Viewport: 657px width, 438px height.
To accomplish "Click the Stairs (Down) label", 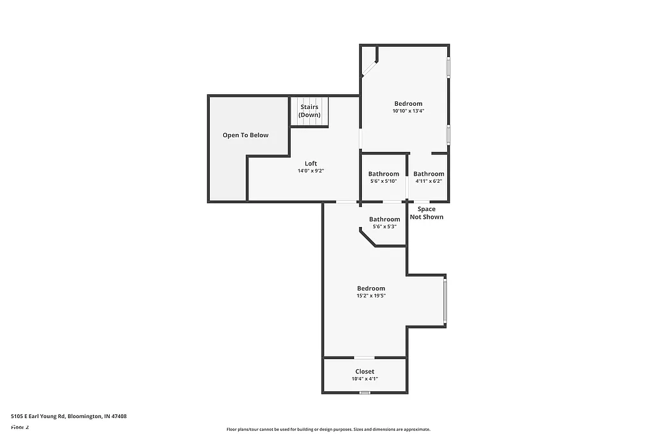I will click(309, 111).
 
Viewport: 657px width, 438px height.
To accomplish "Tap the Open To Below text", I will click(245, 135).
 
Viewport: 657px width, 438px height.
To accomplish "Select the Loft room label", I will click(311, 164).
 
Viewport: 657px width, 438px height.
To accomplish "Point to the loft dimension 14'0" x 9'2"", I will click(311, 171).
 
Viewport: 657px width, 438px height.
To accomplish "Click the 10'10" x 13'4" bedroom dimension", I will click(408, 111).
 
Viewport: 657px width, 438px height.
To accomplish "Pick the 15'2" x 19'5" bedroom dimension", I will click(371, 296).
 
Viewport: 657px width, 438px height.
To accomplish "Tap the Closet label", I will click(364, 371).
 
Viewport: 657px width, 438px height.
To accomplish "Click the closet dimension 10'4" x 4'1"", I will click(364, 379).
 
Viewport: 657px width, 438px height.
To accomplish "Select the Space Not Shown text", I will click(427, 213).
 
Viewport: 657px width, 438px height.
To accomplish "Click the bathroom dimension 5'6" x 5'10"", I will click(384, 181).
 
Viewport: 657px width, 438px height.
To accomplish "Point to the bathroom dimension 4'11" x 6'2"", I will click(429, 181).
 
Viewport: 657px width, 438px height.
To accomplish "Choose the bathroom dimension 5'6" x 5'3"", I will click(384, 226).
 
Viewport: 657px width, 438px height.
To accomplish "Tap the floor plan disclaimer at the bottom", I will click(328, 430).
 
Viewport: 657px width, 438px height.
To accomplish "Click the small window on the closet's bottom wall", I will click(364, 392).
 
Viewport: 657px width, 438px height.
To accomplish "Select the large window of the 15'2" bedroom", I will click(445, 300).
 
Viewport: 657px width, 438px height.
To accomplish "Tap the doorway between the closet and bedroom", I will click(364, 357).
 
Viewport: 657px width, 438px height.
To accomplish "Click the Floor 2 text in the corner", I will click(20, 427).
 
